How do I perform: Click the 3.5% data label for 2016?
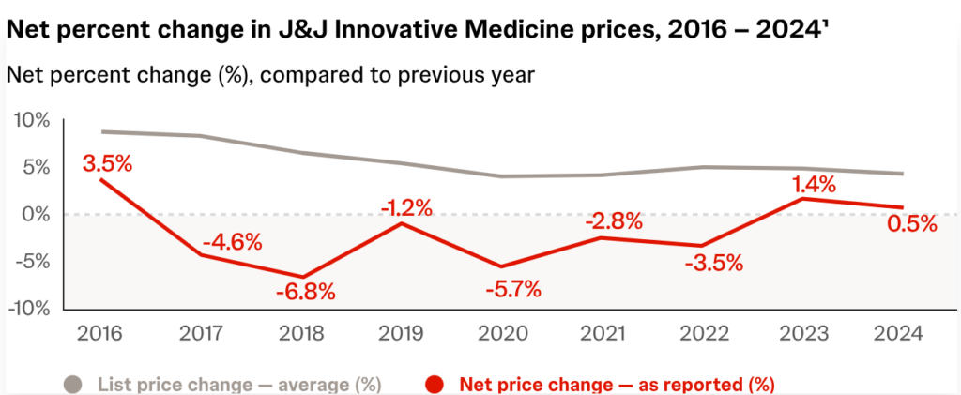click(107, 162)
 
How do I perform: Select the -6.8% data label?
click(306, 290)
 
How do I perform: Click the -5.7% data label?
click(512, 289)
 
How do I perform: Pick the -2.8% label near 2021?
click(614, 222)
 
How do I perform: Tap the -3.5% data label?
click(713, 262)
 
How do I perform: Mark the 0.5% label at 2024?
click(911, 223)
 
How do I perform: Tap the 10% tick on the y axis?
click(31, 121)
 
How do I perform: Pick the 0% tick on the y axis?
click(37, 215)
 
